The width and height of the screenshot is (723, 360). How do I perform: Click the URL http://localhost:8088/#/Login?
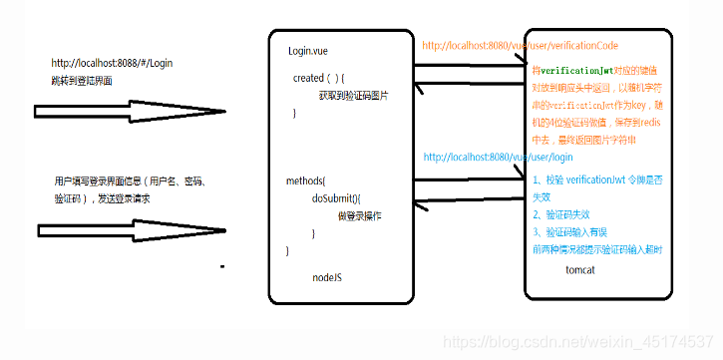point(112,62)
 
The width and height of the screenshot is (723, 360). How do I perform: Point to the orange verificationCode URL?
point(522,46)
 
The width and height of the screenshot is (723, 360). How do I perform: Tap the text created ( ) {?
point(318,77)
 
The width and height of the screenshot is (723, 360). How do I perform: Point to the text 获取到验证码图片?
point(353,95)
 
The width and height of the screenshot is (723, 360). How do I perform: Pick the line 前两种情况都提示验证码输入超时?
point(596,249)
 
